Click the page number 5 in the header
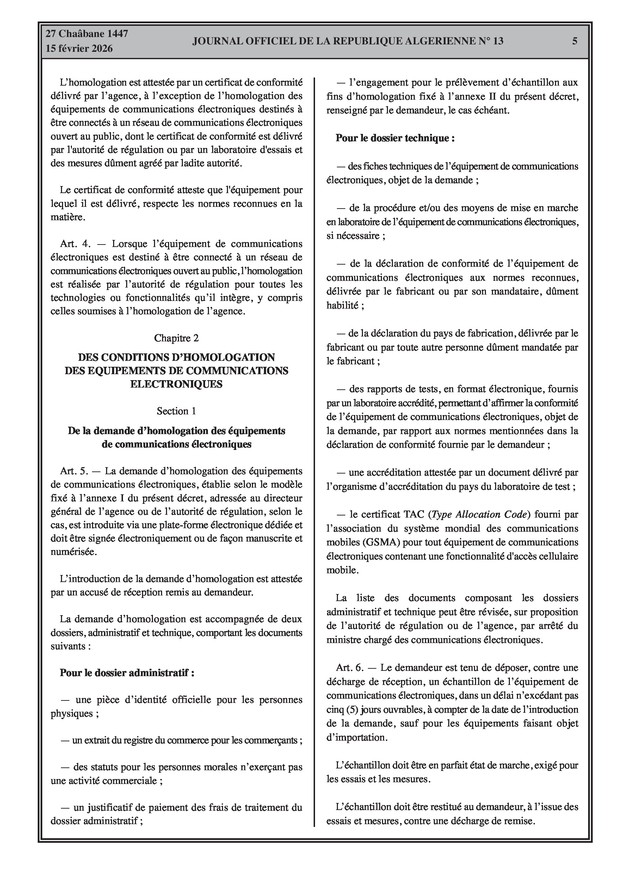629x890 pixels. click(x=575, y=41)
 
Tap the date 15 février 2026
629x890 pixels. click(x=79, y=49)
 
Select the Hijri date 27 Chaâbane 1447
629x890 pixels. click(x=87, y=34)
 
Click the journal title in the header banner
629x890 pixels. click(x=348, y=41)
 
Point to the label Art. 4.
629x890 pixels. click(x=75, y=244)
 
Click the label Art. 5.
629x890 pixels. click(x=74, y=471)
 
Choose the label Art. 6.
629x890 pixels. click(x=350, y=667)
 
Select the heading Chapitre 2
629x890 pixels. click(x=177, y=338)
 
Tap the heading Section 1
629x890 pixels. click(x=177, y=411)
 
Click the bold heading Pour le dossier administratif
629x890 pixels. click(x=127, y=673)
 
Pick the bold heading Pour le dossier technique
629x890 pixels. click(x=395, y=138)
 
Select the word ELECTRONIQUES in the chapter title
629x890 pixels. click(x=177, y=384)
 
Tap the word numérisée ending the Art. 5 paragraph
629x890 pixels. click(x=73, y=552)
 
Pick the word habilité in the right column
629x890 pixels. click(x=343, y=305)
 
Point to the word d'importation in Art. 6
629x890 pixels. click(x=356, y=737)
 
